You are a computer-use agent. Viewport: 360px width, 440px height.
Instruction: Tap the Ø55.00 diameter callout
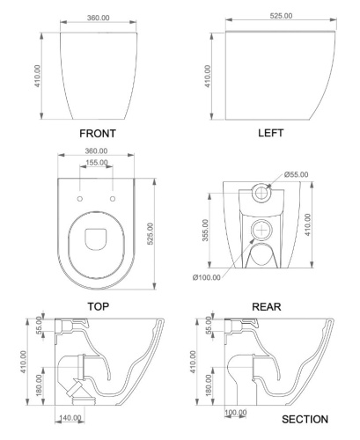point(296,174)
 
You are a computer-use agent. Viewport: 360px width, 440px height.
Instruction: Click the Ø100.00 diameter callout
point(209,279)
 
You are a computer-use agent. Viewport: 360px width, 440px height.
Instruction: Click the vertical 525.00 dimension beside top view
point(152,233)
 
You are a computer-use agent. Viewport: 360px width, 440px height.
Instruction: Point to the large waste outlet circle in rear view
point(261,231)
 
